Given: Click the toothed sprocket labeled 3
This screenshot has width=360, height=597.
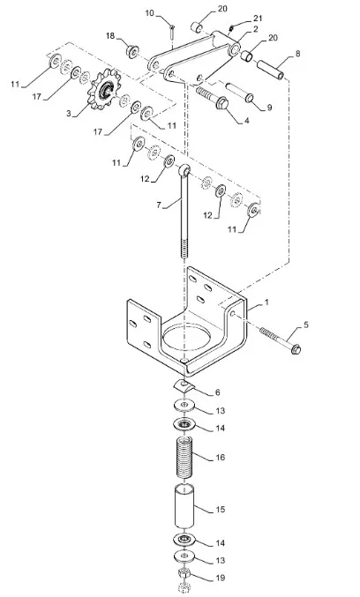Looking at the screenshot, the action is pos(103,89).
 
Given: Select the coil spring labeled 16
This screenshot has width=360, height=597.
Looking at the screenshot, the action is pos(184,457).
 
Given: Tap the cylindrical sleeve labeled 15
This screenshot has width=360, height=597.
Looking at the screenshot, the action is pos(184,505).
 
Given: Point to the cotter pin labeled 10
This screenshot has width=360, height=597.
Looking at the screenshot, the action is pos(173,32).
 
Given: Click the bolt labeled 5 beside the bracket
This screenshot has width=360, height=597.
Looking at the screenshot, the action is pos(280,340).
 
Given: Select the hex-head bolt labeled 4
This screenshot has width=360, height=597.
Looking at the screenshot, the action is pos(213,98).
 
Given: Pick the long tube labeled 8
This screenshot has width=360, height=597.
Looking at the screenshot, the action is pos(270,70).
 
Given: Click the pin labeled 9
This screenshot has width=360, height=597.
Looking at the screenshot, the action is pos(239,93).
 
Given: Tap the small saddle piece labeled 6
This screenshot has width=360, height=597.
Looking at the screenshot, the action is pos(184,386).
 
